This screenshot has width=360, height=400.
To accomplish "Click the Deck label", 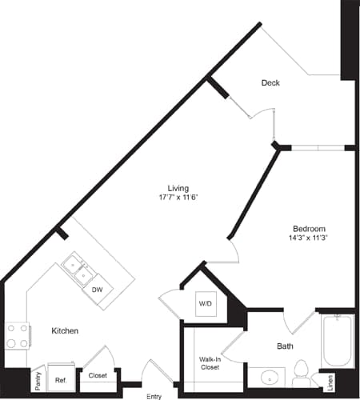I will click(270, 82).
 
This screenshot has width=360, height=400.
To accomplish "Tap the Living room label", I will click(167, 189).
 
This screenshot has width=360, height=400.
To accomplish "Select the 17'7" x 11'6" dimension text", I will click(167, 200).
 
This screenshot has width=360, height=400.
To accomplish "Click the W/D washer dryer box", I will click(205, 305).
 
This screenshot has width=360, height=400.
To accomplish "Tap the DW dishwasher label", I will click(97, 290).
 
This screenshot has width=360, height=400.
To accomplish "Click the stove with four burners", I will click(18, 334).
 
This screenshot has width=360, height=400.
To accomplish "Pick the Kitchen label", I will click(65, 330).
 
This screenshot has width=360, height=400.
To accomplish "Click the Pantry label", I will click(38, 378).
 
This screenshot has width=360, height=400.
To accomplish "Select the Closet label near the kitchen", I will click(98, 375).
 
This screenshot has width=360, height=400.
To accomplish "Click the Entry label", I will click(154, 395).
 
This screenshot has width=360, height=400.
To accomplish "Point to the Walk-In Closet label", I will click(210, 364).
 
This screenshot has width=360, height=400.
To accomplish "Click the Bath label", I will click(286, 346).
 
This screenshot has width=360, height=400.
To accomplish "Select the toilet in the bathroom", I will click(302, 372).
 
